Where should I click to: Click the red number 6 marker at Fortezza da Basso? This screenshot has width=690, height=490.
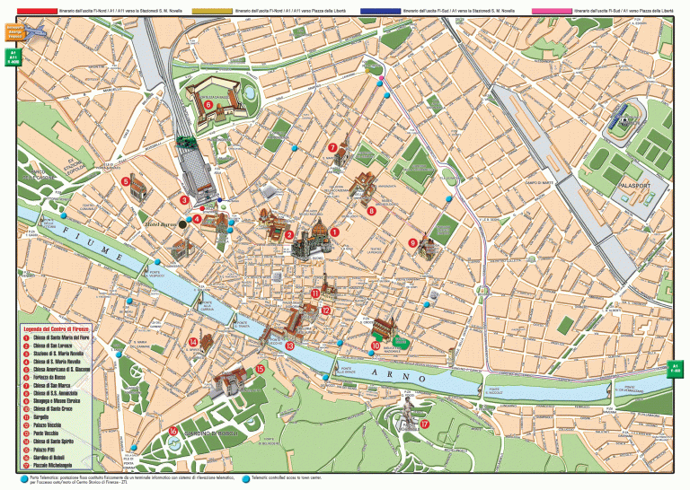(x=208, y=104)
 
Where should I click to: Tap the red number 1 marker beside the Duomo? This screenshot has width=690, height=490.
(x=334, y=232)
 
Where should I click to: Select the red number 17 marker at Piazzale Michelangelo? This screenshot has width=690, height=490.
(x=425, y=424)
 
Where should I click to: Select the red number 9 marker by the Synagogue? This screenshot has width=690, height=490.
(x=412, y=242)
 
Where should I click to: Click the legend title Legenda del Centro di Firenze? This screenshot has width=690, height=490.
(x=62, y=329)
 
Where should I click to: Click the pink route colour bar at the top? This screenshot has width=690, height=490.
(x=553, y=12)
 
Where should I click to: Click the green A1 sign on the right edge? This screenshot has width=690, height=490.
(x=677, y=370)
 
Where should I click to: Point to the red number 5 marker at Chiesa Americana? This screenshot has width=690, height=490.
(x=126, y=179)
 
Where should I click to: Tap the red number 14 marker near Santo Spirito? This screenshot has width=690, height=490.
(x=193, y=342)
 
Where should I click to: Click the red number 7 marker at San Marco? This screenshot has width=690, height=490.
(x=332, y=148)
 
